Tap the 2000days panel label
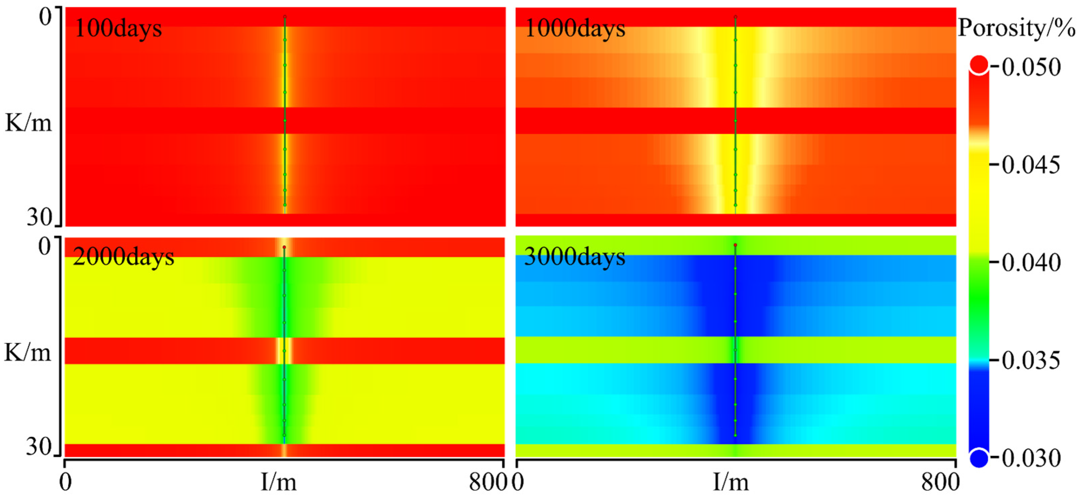123,257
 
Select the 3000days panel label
574,257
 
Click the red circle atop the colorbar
979,65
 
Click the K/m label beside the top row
28,123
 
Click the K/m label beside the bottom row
27,353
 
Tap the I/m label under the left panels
278,482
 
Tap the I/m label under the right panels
731,482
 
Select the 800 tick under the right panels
940,482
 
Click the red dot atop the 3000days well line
735,245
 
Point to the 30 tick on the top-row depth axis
39,217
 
